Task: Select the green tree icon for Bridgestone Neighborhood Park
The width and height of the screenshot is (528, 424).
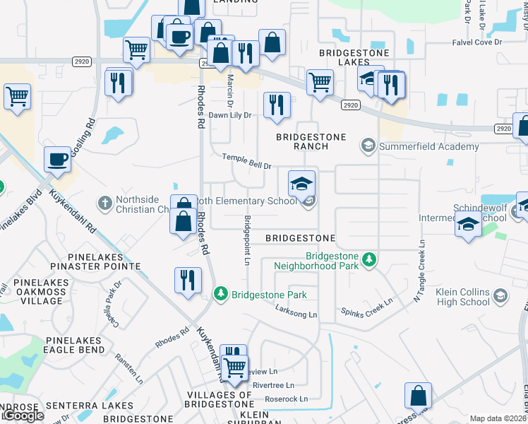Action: coord(368,261)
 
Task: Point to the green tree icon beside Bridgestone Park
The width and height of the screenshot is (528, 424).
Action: coord(222,293)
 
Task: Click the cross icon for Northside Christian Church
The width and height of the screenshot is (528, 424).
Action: coord(104,204)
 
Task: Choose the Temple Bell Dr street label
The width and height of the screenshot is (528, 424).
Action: coord(247,162)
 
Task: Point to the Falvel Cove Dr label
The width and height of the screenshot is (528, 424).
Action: coord(476,42)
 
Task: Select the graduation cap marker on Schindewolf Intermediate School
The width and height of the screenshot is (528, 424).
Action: coord(467,225)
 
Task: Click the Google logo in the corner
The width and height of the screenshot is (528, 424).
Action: coord(23,416)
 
